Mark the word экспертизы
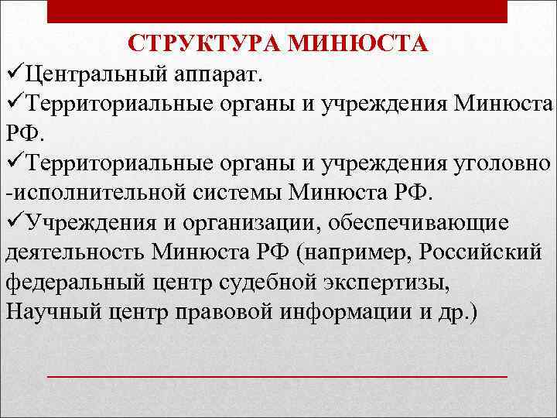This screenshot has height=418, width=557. click(395, 283)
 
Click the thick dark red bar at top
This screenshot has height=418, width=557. click(278, 11)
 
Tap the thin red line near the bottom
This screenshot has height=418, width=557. click(278, 375)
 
